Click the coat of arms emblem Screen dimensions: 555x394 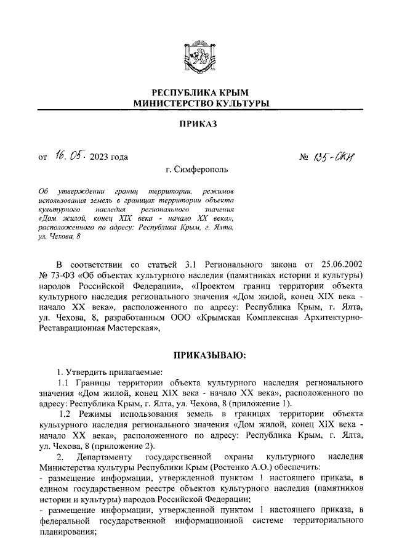pyautogui.click(x=197, y=59)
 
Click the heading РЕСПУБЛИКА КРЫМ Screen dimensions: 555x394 pyautogui.click(x=197, y=92)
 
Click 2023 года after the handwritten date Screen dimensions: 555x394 pyautogui.click(x=108, y=157)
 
